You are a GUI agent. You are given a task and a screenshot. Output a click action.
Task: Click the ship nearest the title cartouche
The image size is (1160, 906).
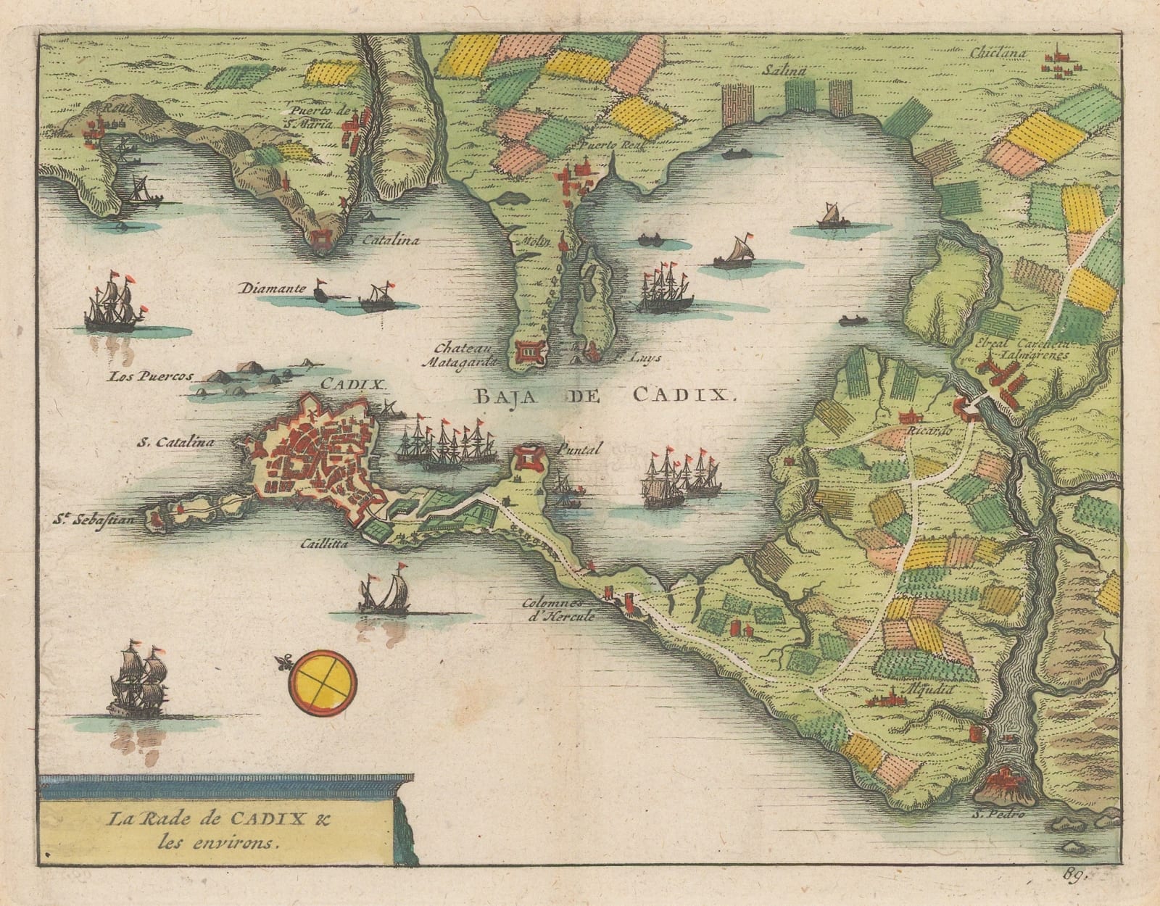click(x=136, y=681)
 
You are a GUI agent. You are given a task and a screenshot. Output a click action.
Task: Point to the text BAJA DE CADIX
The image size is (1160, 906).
click(x=604, y=395)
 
